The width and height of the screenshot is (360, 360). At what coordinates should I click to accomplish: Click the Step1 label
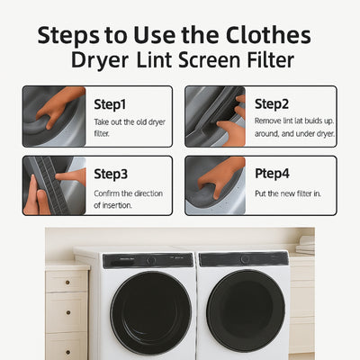(x=110, y=103)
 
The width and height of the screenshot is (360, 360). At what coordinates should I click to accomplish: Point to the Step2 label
(x=271, y=103)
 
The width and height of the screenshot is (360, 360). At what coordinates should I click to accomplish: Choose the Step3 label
(x=110, y=175)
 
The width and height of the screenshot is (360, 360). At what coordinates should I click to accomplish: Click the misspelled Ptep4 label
(x=273, y=175)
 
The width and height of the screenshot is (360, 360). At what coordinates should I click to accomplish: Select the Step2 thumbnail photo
(x=214, y=116)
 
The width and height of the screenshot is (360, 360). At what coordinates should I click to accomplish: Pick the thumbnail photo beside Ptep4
(x=214, y=185)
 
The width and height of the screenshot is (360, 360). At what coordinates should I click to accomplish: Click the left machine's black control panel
(x=148, y=260)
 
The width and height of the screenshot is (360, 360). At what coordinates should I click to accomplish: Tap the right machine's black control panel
(x=243, y=258)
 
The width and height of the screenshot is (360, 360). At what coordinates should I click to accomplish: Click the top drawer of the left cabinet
(x=67, y=282)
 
